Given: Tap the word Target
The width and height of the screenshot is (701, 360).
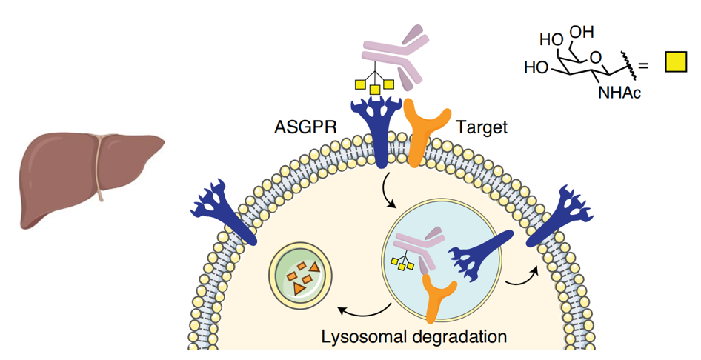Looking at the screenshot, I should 482,127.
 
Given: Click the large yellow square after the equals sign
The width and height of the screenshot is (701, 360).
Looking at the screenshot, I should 675,65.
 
